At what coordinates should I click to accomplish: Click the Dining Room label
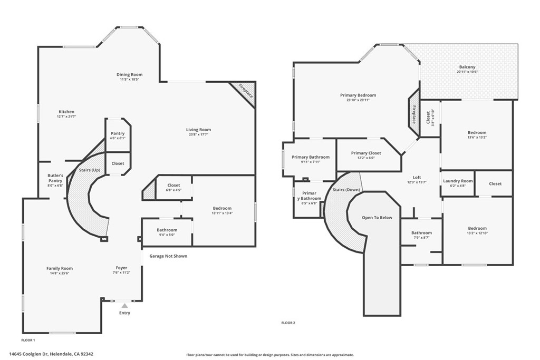click(130, 75)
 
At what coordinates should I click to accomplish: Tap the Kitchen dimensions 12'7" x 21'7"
click(66, 116)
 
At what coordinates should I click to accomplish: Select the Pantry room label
click(118, 133)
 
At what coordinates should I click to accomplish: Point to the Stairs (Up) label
click(89, 170)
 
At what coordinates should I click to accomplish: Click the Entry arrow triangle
click(124, 305)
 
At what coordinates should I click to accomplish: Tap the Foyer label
click(122, 268)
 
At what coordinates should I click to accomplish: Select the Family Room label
click(59, 268)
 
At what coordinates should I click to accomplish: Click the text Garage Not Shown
click(168, 256)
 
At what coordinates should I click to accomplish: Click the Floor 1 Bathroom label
click(167, 230)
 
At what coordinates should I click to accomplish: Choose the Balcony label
click(467, 67)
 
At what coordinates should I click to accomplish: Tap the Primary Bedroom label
click(358, 95)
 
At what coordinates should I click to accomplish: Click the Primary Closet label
click(366, 153)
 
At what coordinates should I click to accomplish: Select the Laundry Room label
click(458, 181)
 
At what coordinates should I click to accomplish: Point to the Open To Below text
click(377, 218)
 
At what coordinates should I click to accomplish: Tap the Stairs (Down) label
click(346, 189)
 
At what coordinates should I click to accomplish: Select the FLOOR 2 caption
click(288, 323)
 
